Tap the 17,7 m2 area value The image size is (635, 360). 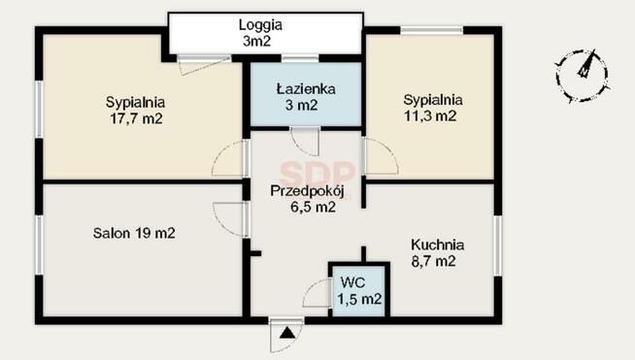(135, 118)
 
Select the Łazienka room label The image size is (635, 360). (305, 89)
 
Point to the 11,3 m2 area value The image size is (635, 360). (432, 115)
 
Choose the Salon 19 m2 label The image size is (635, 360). (134, 233)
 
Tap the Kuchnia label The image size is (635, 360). (437, 245)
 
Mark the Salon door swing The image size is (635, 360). (226, 217)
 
